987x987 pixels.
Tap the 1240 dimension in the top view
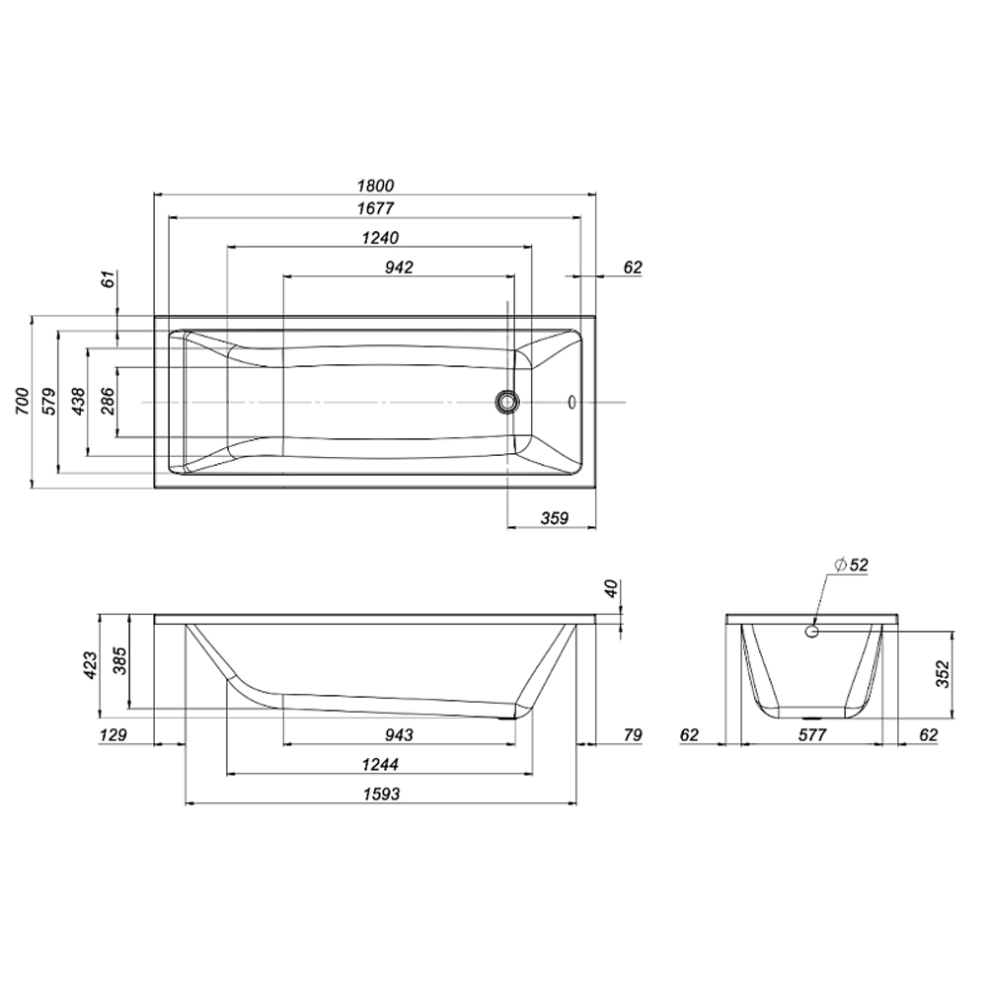[x=379, y=238]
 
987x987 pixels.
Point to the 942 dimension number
[x=398, y=266]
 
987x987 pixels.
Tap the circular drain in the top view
[x=507, y=401]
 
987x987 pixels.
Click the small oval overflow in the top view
[x=572, y=402]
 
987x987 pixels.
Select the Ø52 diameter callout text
[x=851, y=566]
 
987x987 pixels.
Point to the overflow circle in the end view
[x=812, y=630]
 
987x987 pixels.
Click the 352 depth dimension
[x=942, y=675]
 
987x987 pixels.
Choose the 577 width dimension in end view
[x=811, y=734]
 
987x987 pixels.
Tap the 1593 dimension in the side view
[x=381, y=794]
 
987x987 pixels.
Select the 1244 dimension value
[x=380, y=764]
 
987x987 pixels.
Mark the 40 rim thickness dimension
[x=612, y=589]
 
